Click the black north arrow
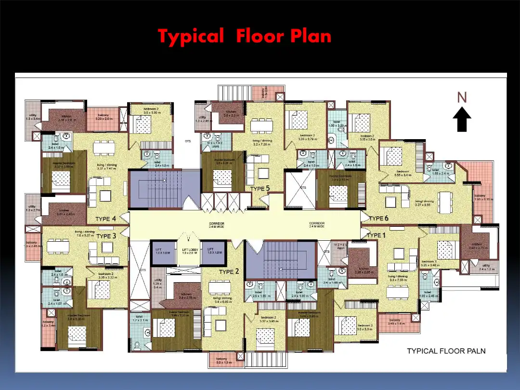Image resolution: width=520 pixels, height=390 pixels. (462, 119)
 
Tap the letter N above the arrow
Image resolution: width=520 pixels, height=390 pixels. (462, 98)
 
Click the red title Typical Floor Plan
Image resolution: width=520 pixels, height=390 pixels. (245, 36)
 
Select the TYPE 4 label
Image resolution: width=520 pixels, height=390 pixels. (105, 219)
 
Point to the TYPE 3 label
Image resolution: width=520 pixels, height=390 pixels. (106, 236)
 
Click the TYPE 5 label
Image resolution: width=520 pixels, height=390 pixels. (260, 189)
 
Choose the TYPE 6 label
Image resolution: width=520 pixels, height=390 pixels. (378, 219)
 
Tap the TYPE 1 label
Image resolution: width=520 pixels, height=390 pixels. (377, 235)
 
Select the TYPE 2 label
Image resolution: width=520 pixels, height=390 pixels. (229, 272)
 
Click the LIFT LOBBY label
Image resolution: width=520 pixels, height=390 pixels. (187, 251)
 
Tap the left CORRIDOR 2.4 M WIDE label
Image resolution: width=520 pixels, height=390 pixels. (216, 225)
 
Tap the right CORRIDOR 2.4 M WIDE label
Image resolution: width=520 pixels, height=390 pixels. (317, 225)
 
